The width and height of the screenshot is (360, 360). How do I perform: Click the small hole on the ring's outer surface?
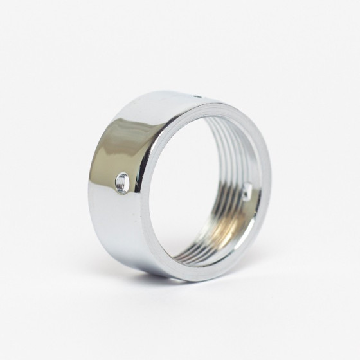pyautogui.click(x=122, y=183)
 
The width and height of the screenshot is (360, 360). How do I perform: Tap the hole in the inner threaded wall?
pyautogui.click(x=247, y=190)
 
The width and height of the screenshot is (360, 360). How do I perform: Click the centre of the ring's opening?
pyautogui.click(x=204, y=186)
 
